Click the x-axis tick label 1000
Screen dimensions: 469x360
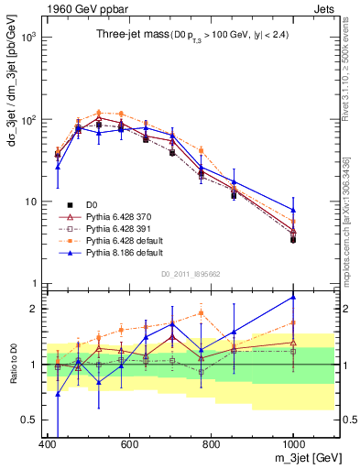click(x=292, y=443)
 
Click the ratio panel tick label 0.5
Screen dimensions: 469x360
click(x=27, y=420)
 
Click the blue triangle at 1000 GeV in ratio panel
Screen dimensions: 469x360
click(x=293, y=297)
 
